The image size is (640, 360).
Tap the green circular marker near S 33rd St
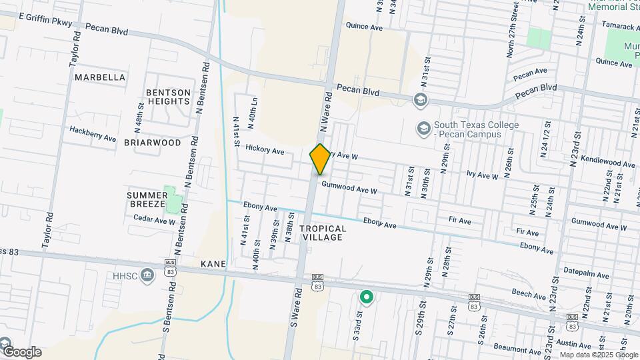coord(365,297)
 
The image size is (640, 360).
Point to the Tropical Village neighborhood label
coord(323,233)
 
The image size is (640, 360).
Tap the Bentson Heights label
coord(169,97)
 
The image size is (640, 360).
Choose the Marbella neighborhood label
coord(100,77)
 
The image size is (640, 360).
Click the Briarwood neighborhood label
coord(153,143)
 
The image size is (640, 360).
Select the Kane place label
coord(213,264)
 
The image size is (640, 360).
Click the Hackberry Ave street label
coord(93,135)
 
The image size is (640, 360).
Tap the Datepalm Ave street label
coord(586,275)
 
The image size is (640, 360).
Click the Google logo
coord(21,351)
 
